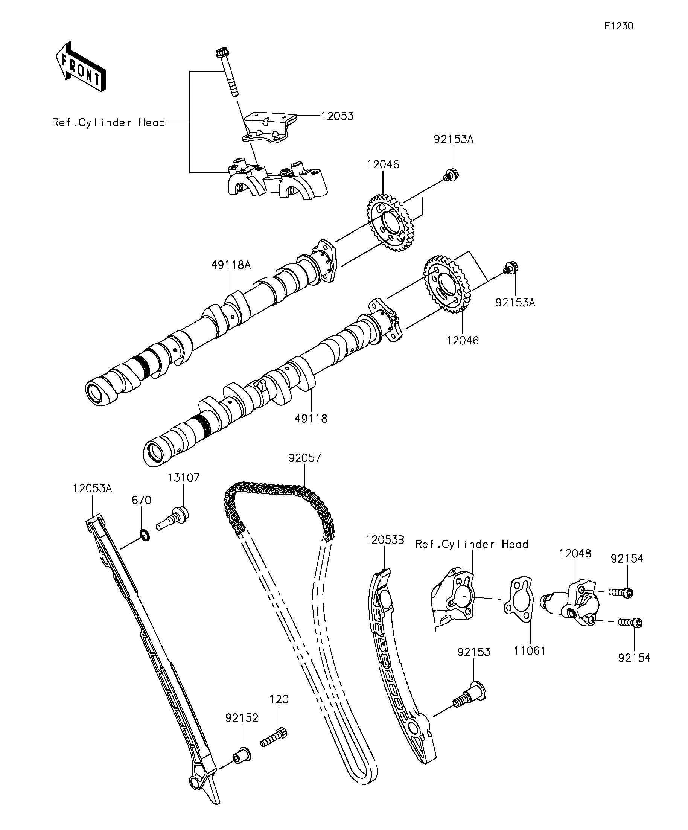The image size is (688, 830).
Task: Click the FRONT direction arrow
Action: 81,67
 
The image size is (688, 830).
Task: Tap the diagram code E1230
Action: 619,26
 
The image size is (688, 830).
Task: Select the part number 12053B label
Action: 385,540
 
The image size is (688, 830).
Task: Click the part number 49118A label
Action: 231,265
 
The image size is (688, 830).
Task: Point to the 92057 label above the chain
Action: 305,458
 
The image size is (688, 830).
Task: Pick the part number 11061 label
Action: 530,650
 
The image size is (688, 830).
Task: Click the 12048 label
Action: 575,554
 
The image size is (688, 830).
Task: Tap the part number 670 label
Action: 142,500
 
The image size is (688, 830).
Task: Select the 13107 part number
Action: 183,477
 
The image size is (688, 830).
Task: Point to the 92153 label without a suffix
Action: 474,652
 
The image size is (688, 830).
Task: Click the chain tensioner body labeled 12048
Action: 573,605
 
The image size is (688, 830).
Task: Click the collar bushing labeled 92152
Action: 242,754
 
